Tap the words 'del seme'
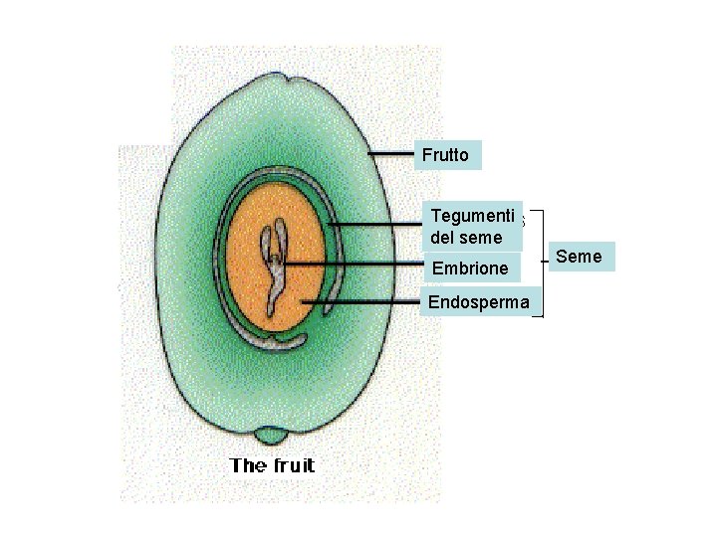pos(466,238)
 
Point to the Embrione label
pos(469,268)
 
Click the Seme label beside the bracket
pos(579,257)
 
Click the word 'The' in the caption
pos(248,465)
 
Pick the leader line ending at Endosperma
pos(363,300)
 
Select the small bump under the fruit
pos(268,436)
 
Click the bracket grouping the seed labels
pos(542,261)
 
